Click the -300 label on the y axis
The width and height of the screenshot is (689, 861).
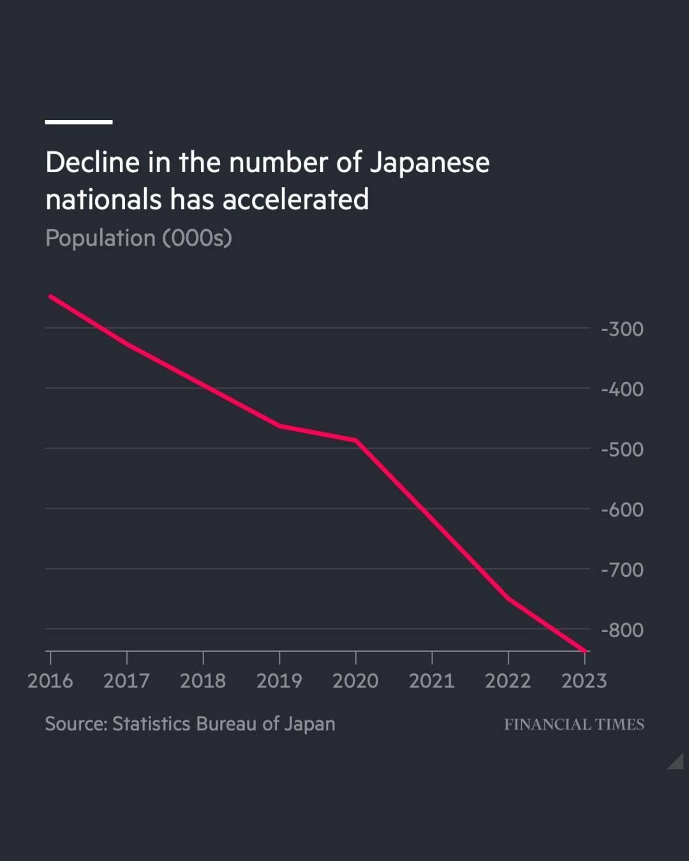pyautogui.click(x=622, y=329)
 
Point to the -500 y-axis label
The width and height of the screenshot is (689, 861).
pyautogui.click(x=622, y=449)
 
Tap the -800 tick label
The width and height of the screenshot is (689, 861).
pyautogui.click(x=622, y=630)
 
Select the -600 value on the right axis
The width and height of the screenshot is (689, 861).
pyautogui.click(x=622, y=510)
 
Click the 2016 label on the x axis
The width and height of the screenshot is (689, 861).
pyautogui.click(x=50, y=681)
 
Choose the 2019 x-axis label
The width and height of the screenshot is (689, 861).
pyautogui.click(x=279, y=681)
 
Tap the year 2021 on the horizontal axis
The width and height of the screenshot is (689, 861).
pyautogui.click(x=431, y=681)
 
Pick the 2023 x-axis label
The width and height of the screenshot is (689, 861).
pyautogui.click(x=584, y=681)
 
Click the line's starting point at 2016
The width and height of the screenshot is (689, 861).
pyautogui.click(x=50, y=297)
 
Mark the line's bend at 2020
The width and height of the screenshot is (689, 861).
pyautogui.click(x=355, y=440)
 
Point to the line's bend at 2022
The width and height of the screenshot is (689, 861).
pyautogui.click(x=508, y=598)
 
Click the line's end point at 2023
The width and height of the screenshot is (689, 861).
pyautogui.click(x=584, y=651)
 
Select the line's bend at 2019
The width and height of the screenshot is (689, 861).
pyautogui.click(x=279, y=425)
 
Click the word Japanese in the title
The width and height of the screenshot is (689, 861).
pyautogui.click(x=429, y=163)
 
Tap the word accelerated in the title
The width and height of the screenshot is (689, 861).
pyautogui.click(x=295, y=200)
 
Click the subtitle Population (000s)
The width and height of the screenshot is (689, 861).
pyautogui.click(x=138, y=238)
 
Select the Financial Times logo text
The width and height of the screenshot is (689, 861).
pyautogui.click(x=574, y=725)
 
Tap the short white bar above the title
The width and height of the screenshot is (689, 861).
pyautogui.click(x=78, y=121)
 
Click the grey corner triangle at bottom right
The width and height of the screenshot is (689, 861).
pyautogui.click(x=678, y=763)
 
